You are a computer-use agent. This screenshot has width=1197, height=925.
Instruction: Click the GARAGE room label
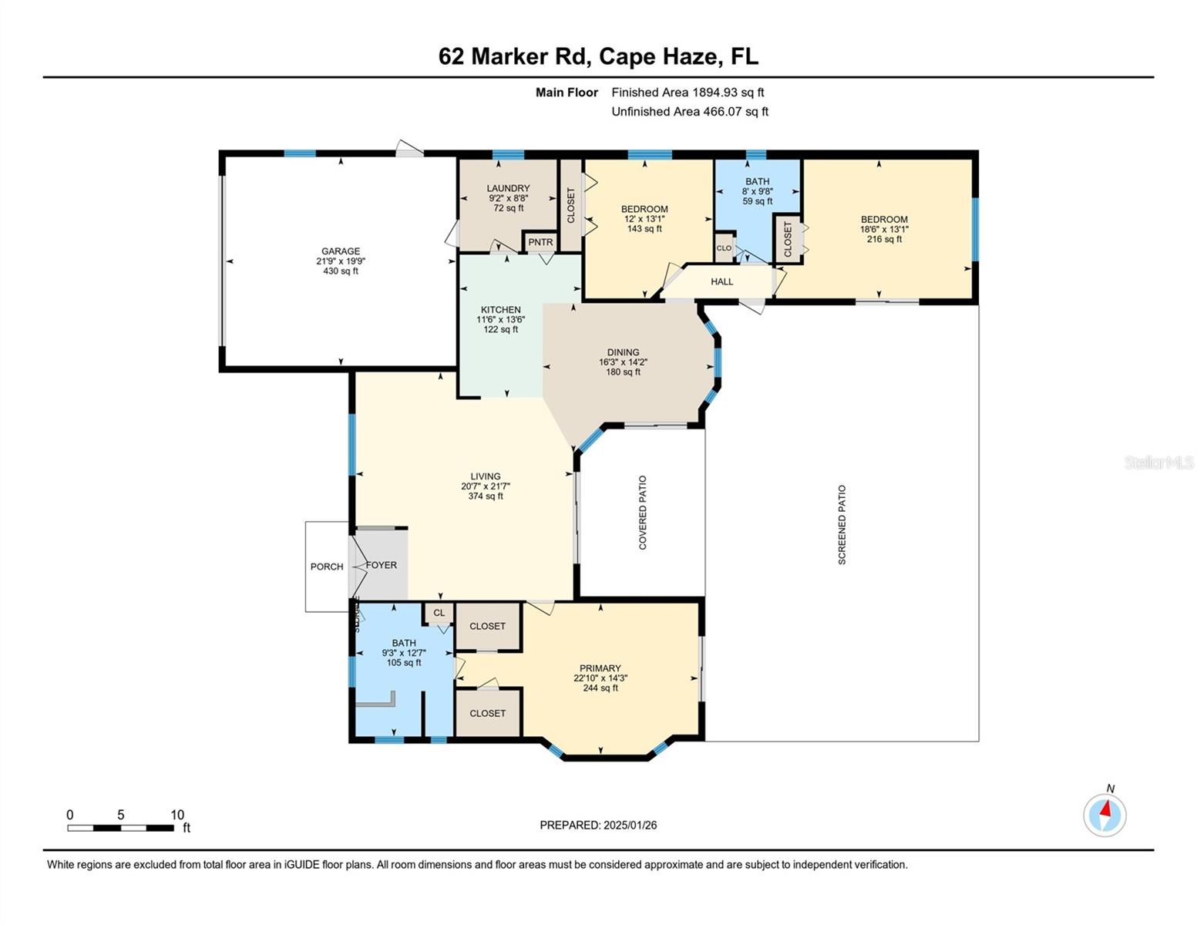click(340, 251)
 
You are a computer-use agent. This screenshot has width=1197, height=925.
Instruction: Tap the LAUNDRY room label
click(508, 188)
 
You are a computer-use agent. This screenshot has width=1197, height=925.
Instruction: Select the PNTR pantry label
click(540, 242)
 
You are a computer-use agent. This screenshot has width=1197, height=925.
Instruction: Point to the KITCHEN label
click(500, 310)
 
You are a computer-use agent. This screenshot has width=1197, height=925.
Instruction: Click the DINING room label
click(623, 352)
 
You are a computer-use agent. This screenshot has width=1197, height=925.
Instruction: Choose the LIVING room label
click(486, 476)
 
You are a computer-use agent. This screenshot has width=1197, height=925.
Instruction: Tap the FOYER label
click(382, 565)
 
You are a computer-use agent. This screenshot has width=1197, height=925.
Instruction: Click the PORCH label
click(327, 567)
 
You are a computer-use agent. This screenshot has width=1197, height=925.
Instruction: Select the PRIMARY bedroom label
click(600, 668)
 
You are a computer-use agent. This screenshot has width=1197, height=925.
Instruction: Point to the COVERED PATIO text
click(643, 513)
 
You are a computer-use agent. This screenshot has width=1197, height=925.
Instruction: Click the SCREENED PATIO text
click(842, 525)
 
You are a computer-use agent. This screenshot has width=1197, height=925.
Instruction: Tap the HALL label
click(721, 281)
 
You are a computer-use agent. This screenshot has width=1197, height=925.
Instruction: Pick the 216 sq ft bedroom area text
click(884, 239)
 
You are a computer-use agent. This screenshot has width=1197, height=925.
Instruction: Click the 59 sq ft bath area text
click(757, 201)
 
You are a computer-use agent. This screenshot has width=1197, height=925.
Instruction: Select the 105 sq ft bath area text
click(403, 663)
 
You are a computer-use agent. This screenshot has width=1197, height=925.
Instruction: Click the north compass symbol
click(1105, 814)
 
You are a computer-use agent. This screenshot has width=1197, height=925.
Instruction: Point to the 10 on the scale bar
click(177, 815)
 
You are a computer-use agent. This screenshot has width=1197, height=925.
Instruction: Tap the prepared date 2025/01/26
click(630, 825)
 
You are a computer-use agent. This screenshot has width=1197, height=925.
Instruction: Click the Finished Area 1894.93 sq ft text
click(688, 92)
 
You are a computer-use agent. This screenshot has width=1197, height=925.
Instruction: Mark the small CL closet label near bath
click(439, 614)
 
